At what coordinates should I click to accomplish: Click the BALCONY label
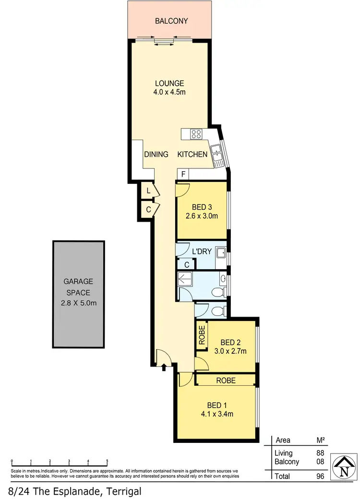pos(171,21)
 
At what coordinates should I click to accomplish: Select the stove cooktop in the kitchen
pos(196,134)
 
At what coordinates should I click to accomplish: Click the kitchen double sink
pos(217,155)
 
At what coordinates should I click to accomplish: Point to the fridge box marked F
pos(183,174)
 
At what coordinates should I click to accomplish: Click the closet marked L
pos(149,191)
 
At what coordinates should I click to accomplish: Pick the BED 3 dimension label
pos(202,212)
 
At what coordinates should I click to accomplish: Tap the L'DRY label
pos(202,251)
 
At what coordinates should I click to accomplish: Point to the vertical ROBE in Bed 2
pos(202,334)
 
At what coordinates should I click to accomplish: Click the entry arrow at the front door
pos(165,368)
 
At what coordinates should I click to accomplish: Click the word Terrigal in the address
pos(120,491)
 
